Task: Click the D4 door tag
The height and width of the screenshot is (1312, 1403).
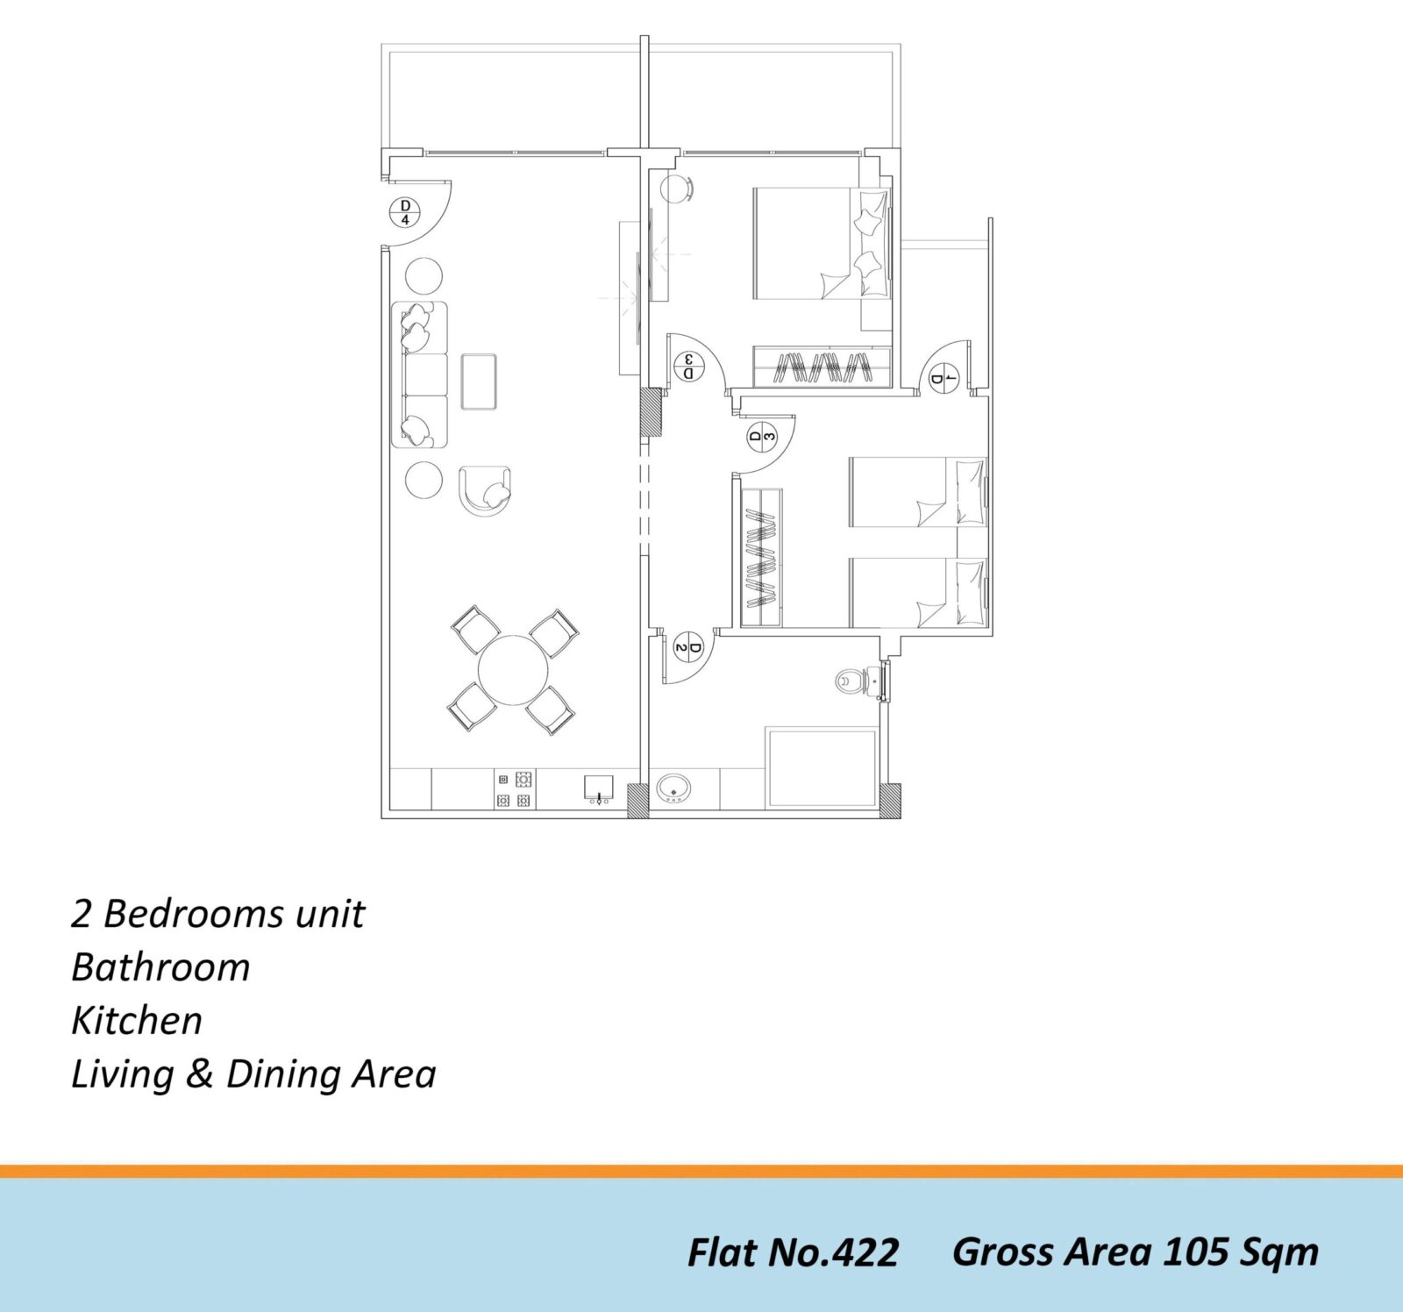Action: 405,212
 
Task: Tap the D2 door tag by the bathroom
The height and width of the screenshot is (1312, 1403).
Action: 689,649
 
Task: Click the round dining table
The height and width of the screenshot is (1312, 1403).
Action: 513,672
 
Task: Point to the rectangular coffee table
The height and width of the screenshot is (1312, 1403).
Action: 479,381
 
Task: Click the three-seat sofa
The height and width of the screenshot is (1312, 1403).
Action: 419,374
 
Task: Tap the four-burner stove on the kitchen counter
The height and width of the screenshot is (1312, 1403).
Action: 514,789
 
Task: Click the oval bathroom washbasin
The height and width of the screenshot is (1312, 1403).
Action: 673,788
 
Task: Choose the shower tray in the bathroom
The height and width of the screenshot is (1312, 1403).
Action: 823,767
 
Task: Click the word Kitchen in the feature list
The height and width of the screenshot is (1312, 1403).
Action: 137,1021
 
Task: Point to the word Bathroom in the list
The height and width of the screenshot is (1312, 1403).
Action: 160,967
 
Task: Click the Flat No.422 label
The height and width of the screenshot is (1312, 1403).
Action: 793,1252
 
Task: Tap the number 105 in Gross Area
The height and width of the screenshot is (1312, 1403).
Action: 1196,1251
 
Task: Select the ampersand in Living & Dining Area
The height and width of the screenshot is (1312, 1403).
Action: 200,1074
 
